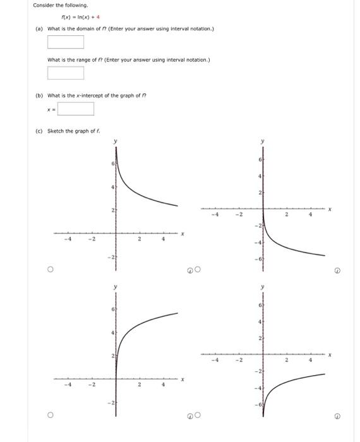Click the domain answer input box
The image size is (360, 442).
point(66,42)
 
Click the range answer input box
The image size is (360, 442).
point(66,73)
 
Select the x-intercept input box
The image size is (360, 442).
point(76,109)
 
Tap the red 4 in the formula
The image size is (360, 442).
point(98,17)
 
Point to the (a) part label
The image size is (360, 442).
point(39,28)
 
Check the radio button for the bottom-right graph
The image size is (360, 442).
point(198,416)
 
